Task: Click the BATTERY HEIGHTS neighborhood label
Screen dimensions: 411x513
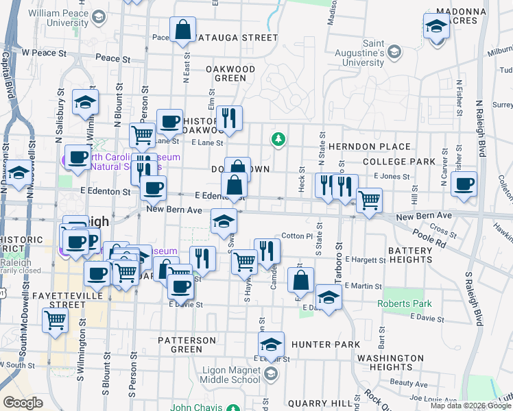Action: pyautogui.click(x=410, y=256)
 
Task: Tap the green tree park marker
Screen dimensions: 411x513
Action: pyautogui.click(x=278, y=139)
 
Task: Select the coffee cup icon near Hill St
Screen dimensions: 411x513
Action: pyautogui.click(x=464, y=184)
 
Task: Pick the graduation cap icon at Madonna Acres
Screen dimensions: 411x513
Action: pyautogui.click(x=436, y=27)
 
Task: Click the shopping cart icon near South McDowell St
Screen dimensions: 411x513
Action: pyautogui.click(x=55, y=319)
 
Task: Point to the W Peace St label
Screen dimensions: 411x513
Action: pyautogui.click(x=44, y=52)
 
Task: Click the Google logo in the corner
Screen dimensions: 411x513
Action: pyautogui.click(x=23, y=403)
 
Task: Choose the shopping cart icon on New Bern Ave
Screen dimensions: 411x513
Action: pyautogui.click(x=369, y=201)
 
